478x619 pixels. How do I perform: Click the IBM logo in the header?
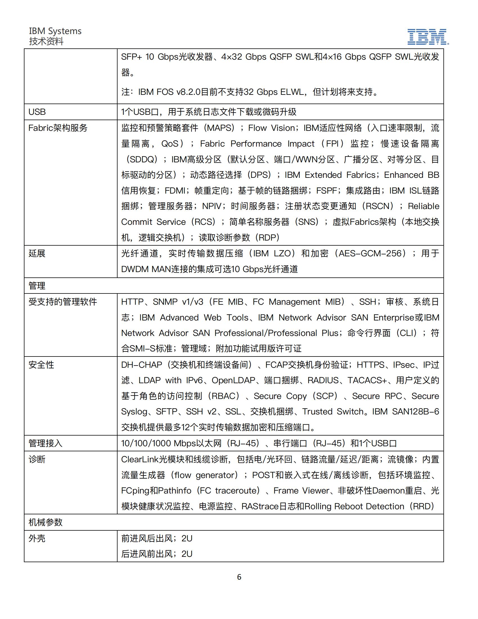428,37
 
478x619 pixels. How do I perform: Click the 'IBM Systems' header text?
55,31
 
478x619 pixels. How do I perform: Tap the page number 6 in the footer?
239,577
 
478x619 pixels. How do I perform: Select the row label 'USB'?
37,112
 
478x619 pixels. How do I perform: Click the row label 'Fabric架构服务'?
58,128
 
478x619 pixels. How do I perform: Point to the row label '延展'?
37,254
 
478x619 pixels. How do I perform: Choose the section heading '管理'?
37,286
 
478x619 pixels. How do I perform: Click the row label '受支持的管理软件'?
63,302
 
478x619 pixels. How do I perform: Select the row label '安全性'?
41,365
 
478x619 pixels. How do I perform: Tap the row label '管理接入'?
46,443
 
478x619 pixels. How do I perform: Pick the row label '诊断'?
37,459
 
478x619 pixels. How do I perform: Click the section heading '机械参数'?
46,522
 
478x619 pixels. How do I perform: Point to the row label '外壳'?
37,539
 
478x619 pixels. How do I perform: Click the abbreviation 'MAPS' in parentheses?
221,128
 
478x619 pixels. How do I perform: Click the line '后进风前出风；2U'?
157,554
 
